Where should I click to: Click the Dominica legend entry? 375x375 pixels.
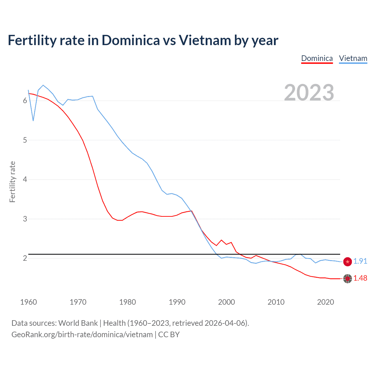click(x=317, y=58)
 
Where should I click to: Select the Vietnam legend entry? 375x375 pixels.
click(x=353, y=58)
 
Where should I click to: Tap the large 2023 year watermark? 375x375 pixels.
click(x=309, y=93)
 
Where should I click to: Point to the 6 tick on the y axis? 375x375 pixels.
click(x=25, y=101)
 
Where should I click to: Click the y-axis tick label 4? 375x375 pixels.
click(x=25, y=179)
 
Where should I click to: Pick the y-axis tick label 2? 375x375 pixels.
click(x=25, y=258)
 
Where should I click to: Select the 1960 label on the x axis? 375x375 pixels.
click(x=28, y=302)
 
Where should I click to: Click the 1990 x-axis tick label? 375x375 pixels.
click(x=177, y=302)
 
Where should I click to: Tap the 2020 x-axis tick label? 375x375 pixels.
click(x=325, y=302)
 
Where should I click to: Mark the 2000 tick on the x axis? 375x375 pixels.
click(x=226, y=302)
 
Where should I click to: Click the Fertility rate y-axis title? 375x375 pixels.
click(x=12, y=182)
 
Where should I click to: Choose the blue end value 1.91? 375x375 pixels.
click(x=360, y=261)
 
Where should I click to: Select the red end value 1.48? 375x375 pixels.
click(x=360, y=278)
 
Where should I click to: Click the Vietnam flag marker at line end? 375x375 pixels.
click(x=347, y=262)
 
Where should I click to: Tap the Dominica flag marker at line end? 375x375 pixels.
click(x=347, y=279)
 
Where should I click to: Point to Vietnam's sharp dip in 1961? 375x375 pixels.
click(x=33, y=120)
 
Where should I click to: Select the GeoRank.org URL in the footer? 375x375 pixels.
click(x=82, y=335)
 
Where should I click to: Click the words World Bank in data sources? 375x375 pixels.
click(x=78, y=323)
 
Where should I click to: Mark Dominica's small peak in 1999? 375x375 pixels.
click(x=221, y=240)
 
